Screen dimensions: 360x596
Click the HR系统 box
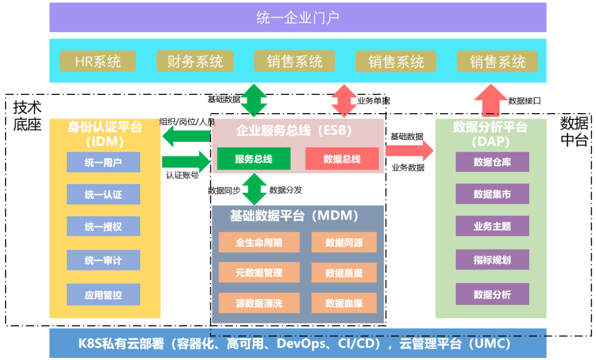click(98, 61)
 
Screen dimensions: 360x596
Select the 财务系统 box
click(195, 61)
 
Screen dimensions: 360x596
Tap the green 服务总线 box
click(253, 159)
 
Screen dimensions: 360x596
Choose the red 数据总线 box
click(342, 159)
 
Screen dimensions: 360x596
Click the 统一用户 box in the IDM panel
click(103, 162)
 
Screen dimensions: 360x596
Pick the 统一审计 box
click(103, 260)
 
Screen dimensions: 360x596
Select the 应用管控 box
click(103, 295)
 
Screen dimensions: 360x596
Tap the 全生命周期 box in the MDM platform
click(259, 242)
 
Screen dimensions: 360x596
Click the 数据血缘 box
click(344, 303)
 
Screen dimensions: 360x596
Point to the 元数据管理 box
click(259, 273)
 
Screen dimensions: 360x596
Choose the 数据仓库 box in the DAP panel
click(492, 162)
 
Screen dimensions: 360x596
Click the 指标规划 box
click(492, 260)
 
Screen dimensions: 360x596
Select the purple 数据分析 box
click(492, 295)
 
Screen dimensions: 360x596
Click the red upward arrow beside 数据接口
click(489, 100)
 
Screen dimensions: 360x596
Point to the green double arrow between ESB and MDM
click(254, 189)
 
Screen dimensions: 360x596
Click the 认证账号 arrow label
click(182, 176)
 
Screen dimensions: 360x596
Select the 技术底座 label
click(28, 115)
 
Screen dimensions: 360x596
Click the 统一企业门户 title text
click(297, 18)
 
